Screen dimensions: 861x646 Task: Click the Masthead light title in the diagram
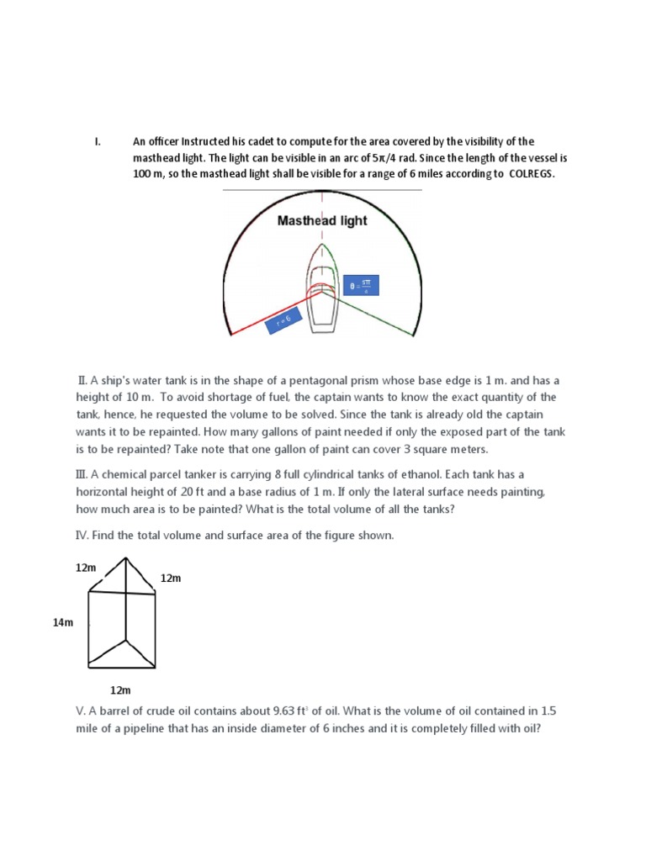(322, 221)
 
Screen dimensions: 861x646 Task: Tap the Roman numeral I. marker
(98, 141)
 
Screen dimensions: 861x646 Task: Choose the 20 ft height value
(207, 491)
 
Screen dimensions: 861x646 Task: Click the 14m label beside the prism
(64, 622)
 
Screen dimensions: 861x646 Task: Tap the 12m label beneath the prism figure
(121, 689)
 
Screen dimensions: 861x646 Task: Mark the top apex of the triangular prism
(125, 557)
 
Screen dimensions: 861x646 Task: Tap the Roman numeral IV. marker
(84, 535)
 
